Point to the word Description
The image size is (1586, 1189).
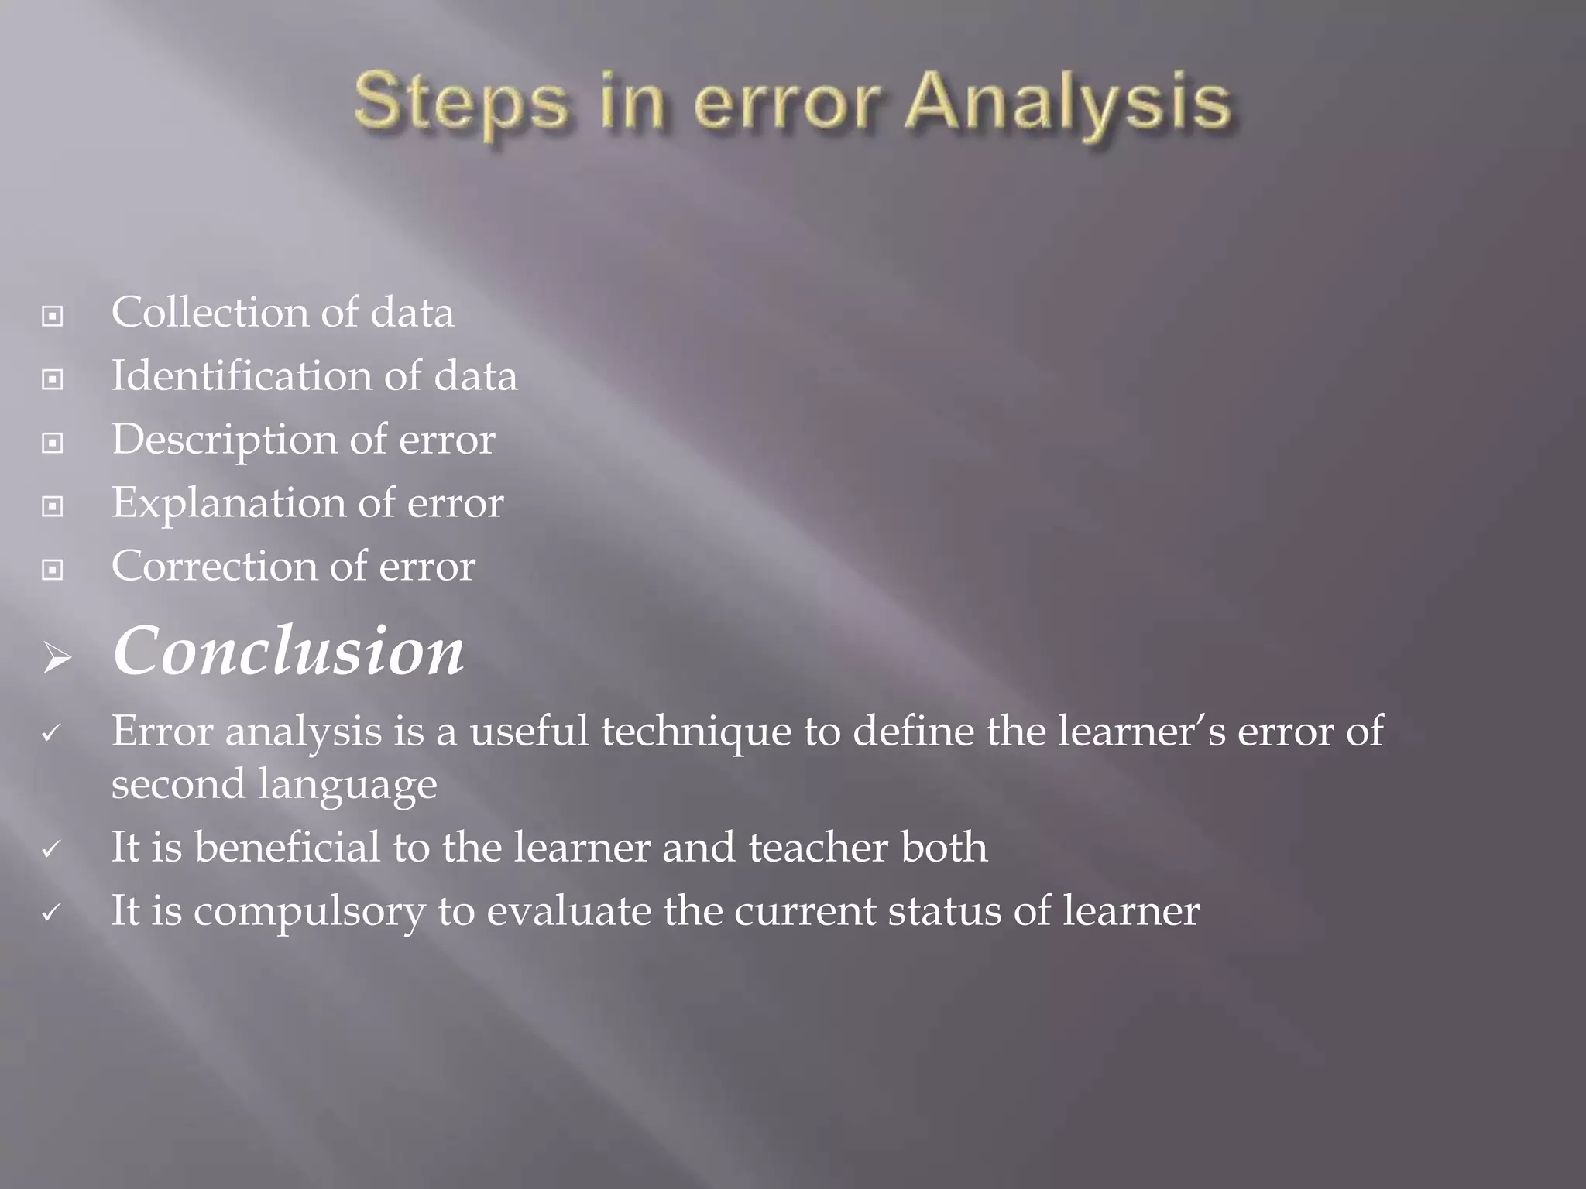pyautogui.click(x=225, y=440)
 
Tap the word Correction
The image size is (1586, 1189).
pyautogui.click(x=215, y=567)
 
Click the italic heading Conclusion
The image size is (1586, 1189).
pyautogui.click(x=288, y=652)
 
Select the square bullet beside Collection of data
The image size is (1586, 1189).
pyautogui.click(x=53, y=316)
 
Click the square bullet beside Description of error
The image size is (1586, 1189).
pyautogui.click(x=53, y=443)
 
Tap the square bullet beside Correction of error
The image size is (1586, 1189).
pyautogui.click(x=53, y=570)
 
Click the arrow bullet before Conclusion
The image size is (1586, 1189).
pyautogui.click(x=57, y=659)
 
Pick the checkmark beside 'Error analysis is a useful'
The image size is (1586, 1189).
pyautogui.click(x=51, y=732)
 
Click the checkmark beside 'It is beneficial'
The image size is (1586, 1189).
pyautogui.click(x=51, y=849)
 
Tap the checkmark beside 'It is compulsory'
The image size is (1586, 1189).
pyautogui.click(x=51, y=913)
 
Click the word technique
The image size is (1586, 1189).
pyautogui.click(x=695, y=732)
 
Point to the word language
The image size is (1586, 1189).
pyautogui.click(x=347, y=785)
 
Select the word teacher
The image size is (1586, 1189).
pyautogui.click(x=818, y=848)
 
